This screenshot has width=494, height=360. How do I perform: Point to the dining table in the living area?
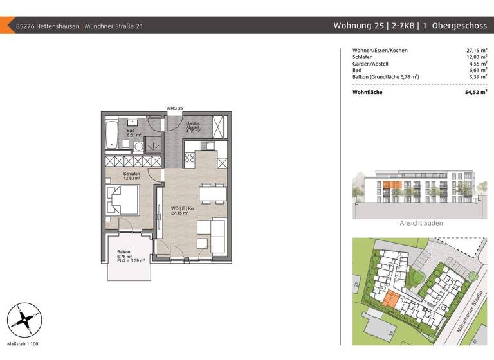coord(212,192)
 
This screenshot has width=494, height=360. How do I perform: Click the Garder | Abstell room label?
coord(194,125)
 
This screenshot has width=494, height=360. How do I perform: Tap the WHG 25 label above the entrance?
coord(175,108)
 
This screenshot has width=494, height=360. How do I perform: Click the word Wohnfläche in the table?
coord(368,93)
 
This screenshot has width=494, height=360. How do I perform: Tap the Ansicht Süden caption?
coord(421,223)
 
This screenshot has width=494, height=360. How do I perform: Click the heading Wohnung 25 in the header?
coord(355,26)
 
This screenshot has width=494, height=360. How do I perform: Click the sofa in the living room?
coord(212,236)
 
